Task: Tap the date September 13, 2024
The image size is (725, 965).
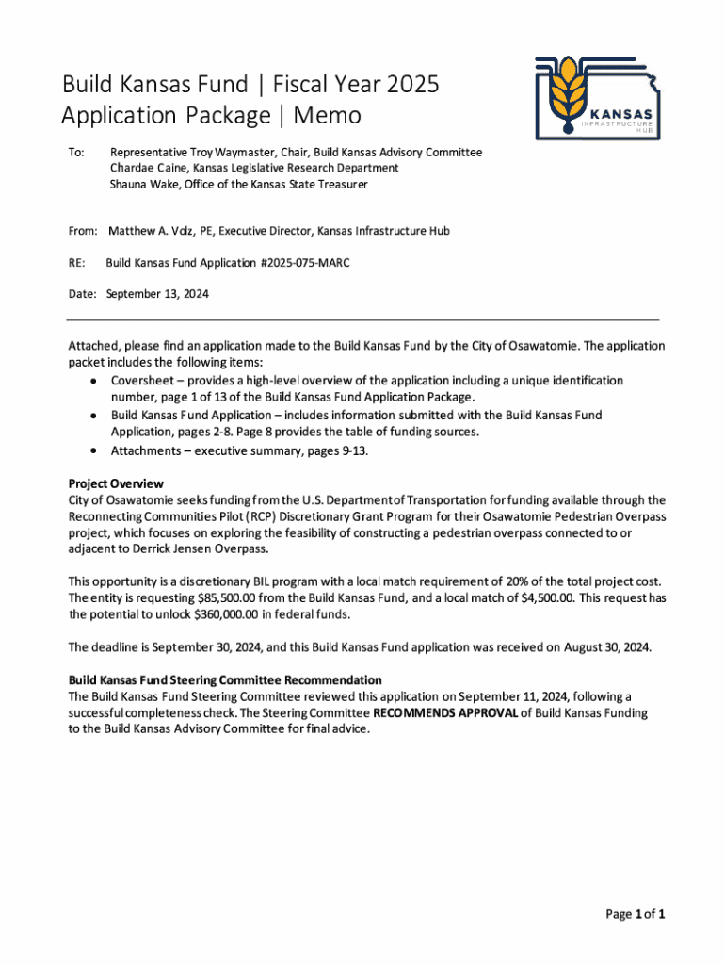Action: coord(157,294)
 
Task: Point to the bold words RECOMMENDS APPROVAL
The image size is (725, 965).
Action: coord(445,712)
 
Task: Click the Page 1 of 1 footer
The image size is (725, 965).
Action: coord(636,914)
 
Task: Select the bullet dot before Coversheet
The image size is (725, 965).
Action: coord(93,381)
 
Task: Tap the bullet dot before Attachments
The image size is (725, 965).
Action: coord(93,450)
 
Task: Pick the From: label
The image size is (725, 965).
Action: coord(83,230)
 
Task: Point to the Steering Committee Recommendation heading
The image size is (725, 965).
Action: coord(225,679)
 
